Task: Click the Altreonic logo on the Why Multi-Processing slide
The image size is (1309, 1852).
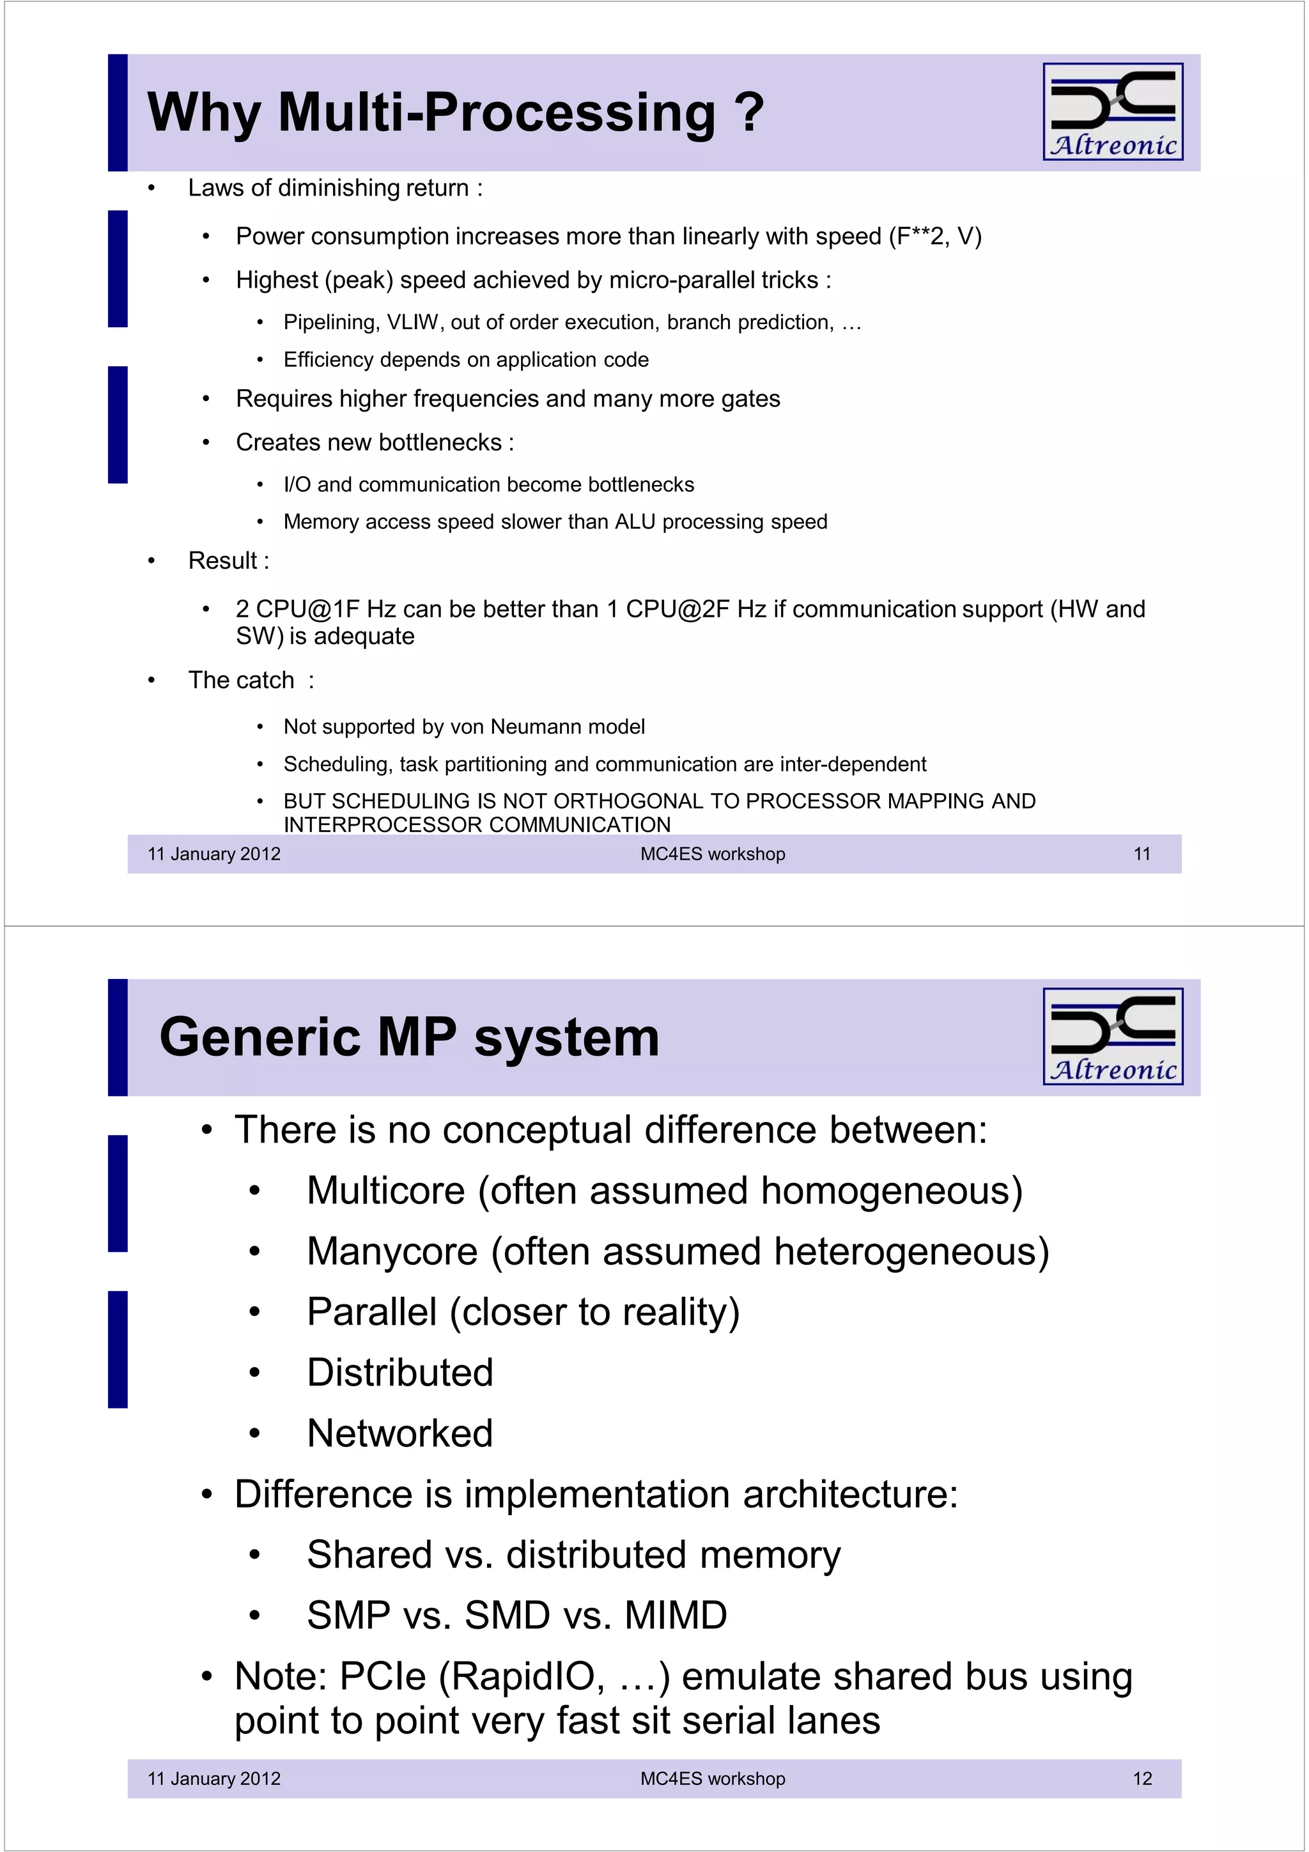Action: [1112, 111]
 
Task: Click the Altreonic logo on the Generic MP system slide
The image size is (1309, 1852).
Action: [1112, 1036]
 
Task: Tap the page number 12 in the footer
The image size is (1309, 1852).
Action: [1142, 1778]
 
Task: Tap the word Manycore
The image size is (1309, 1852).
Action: [392, 1251]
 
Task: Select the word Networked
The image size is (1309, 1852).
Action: [399, 1433]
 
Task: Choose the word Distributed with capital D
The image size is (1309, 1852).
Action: [399, 1373]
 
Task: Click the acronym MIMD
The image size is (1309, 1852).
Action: [675, 1616]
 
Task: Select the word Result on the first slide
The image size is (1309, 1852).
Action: [222, 560]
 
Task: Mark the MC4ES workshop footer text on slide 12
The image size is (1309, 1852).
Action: [712, 1778]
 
